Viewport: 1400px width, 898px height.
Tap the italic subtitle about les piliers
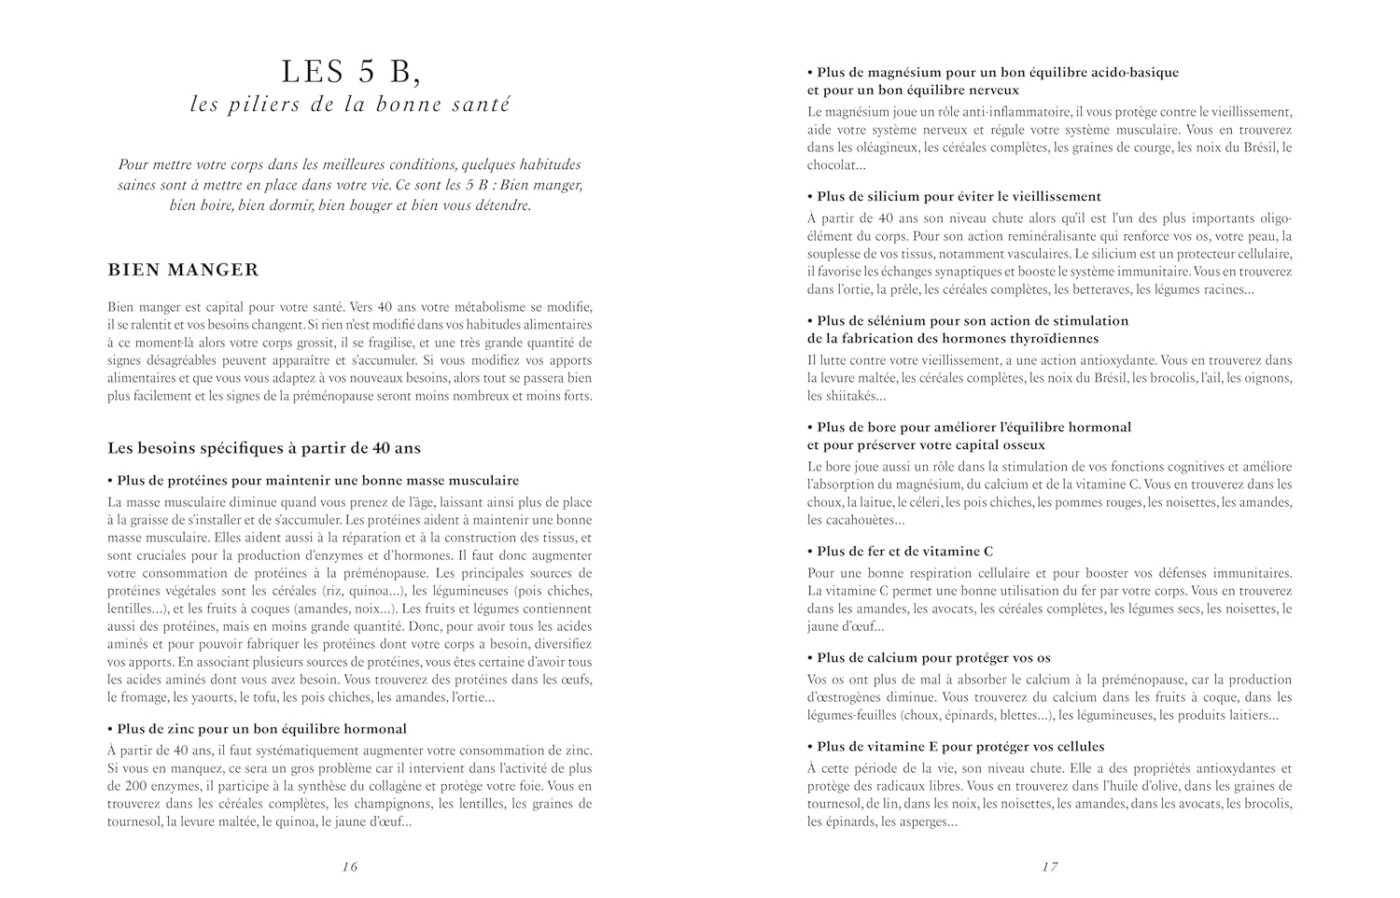tap(350, 105)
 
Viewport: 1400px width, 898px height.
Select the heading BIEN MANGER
tap(183, 270)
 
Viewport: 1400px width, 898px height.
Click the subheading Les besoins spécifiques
tap(264, 448)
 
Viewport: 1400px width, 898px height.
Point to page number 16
tap(350, 866)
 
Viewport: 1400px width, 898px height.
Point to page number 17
tap(1050, 866)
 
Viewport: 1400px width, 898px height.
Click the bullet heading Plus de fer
tap(904, 552)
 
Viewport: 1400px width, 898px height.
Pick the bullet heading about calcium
tap(933, 658)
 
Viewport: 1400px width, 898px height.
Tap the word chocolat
tap(832, 165)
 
